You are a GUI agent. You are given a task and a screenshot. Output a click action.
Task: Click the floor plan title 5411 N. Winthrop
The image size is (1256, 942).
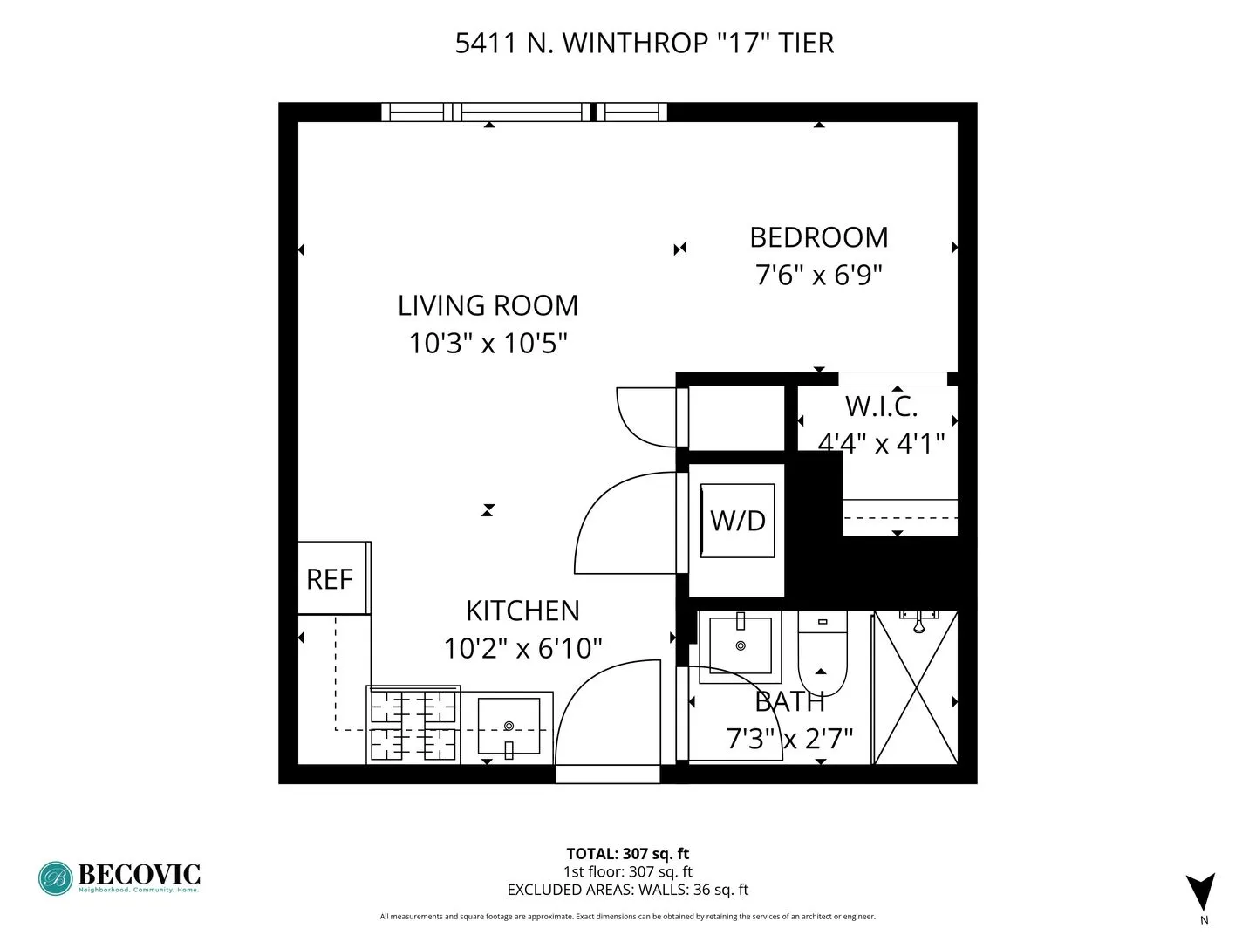pyautogui.click(x=644, y=43)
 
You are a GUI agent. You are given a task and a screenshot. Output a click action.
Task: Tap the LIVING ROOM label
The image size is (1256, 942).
pyautogui.click(x=488, y=305)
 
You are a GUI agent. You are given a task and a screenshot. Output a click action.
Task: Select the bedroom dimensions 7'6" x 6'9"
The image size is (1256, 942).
pyautogui.click(x=818, y=275)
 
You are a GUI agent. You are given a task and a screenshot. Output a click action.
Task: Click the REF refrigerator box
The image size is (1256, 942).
pyautogui.click(x=331, y=578)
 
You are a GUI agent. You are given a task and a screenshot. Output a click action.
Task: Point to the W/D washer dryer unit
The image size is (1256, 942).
pyautogui.click(x=737, y=521)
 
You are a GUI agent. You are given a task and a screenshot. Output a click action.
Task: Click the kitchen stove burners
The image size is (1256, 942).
pyautogui.click(x=413, y=724)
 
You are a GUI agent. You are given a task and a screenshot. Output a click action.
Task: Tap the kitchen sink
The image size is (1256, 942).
pyautogui.click(x=509, y=726)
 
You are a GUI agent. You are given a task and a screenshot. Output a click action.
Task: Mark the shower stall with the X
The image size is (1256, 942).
pyautogui.click(x=915, y=689)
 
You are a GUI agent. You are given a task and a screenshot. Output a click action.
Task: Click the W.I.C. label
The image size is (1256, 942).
pyautogui.click(x=881, y=406)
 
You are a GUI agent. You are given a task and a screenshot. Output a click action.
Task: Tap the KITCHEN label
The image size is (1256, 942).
pyautogui.click(x=522, y=611)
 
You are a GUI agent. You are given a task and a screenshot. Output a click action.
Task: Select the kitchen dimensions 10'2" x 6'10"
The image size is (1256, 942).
pyautogui.click(x=522, y=648)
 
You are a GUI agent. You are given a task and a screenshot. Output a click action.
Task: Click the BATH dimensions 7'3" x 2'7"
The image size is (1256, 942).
pyautogui.click(x=789, y=739)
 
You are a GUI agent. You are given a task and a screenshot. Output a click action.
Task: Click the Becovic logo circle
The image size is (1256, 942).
pyautogui.click(x=55, y=878)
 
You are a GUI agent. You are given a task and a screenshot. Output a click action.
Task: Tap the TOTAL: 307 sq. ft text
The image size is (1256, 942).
pyautogui.click(x=627, y=854)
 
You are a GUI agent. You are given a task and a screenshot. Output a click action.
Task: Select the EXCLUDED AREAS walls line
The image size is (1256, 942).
pyautogui.click(x=627, y=890)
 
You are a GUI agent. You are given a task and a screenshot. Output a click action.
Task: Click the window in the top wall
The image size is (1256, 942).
pyautogui.click(x=524, y=112)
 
